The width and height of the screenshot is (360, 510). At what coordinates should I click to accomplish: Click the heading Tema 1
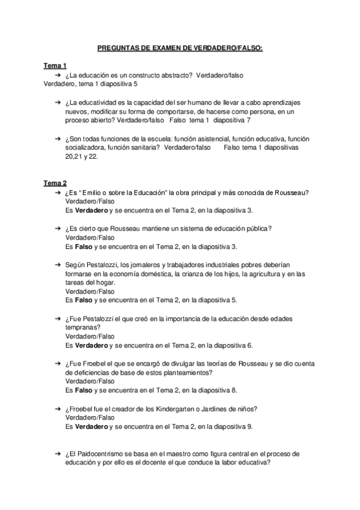(x=55, y=66)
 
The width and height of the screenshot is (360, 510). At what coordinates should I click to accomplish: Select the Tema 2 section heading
(x=55, y=183)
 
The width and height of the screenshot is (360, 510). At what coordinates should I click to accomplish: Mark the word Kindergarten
(x=183, y=409)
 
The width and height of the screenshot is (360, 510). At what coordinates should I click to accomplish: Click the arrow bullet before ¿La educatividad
(x=57, y=103)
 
